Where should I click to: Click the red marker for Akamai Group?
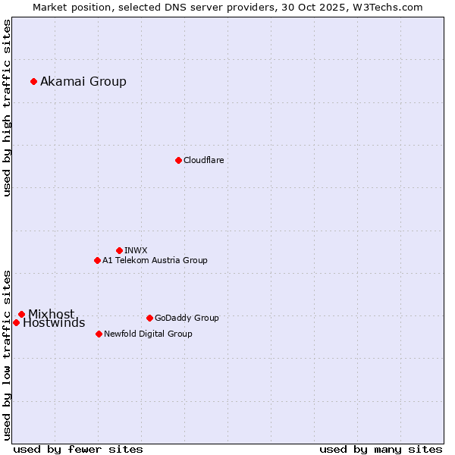tap(33, 81)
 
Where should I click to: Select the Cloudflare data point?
tap(178, 160)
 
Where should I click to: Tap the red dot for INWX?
tap(119, 250)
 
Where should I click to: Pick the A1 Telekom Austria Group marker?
tap(97, 260)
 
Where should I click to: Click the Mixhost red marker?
tap(21, 314)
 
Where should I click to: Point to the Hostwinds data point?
tap(16, 322)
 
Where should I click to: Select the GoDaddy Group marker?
tap(149, 318)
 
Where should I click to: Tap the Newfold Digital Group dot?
tap(99, 334)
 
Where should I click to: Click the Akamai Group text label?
tap(83, 82)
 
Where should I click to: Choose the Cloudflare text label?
tap(204, 160)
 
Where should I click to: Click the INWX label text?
tap(136, 250)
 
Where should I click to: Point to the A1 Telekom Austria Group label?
tap(155, 260)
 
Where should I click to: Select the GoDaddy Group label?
tap(187, 318)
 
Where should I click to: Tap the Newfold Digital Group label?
tap(148, 334)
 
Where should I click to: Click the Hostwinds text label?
tap(54, 323)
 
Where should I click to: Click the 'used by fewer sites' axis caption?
tap(77, 449)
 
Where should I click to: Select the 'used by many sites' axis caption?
tap(381, 449)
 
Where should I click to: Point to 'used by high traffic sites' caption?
tap(8, 108)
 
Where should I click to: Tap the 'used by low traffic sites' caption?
tap(8, 355)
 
